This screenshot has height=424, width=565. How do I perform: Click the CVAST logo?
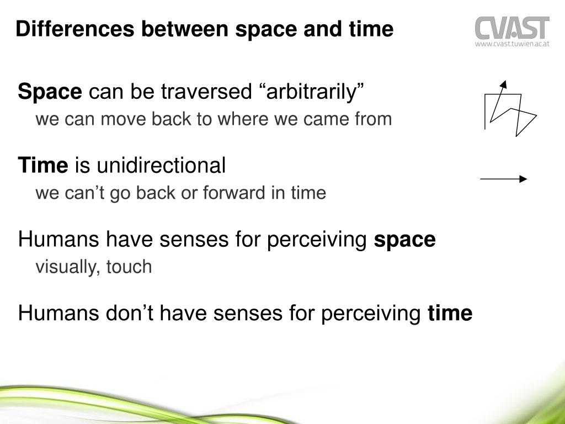click(512, 28)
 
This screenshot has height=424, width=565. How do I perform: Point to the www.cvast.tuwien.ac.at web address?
click(513, 44)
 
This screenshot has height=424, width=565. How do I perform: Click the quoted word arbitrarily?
click(312, 92)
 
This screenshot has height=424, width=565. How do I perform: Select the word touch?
click(129, 267)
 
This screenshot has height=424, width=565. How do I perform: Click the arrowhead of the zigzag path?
click(503, 84)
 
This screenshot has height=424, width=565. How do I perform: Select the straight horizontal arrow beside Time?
click(503, 179)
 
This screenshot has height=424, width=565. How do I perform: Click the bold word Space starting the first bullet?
click(50, 92)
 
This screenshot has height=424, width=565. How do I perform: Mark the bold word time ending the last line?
click(450, 314)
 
